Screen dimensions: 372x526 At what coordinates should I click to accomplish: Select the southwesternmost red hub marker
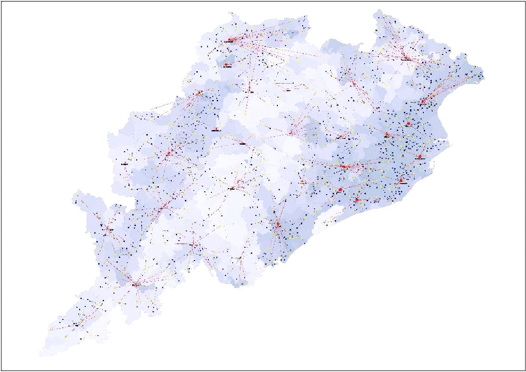pyautogui.click(x=76, y=325)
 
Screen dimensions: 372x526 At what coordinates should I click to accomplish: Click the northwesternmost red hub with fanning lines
pyautogui.click(x=230, y=40)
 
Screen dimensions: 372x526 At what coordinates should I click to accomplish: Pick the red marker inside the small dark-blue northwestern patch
pyautogui.click(x=227, y=65)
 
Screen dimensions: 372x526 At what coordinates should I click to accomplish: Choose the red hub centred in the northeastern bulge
pyautogui.click(x=405, y=58)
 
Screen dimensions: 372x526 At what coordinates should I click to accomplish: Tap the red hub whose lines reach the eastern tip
pyautogui.click(x=422, y=102)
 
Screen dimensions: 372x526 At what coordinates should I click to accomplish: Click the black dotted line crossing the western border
pyautogui.click(x=164, y=105)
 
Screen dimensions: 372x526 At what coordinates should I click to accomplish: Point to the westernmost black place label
pyautogui.click(x=124, y=164)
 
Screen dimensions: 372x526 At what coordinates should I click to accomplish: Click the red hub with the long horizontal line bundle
pyautogui.click(x=344, y=167)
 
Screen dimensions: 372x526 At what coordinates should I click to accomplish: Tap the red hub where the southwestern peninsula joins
pyautogui.click(x=135, y=284)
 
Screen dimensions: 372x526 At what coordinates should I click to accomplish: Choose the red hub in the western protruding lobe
pyautogui.click(x=107, y=229)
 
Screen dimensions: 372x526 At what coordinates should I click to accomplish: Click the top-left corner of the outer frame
pyautogui.click(x=1, y=1)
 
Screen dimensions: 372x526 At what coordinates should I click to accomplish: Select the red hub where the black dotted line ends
pyautogui.click(x=199, y=93)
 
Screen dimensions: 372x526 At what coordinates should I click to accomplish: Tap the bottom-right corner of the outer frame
pyautogui.click(x=525, y=370)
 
